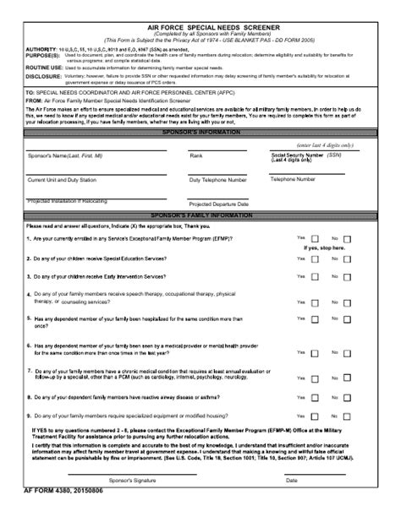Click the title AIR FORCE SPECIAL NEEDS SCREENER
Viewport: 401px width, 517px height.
click(x=200, y=27)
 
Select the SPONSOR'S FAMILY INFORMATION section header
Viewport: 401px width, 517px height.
click(x=200, y=216)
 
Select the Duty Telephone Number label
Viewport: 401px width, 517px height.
click(x=218, y=180)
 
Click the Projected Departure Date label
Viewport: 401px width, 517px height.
click(x=218, y=204)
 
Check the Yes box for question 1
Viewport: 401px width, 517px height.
click(x=315, y=239)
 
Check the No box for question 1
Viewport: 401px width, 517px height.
click(x=348, y=239)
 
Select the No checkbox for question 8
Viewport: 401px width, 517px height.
click(x=348, y=388)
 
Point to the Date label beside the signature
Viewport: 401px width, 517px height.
click(x=291, y=480)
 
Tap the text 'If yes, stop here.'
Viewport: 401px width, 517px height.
click(x=325, y=248)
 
